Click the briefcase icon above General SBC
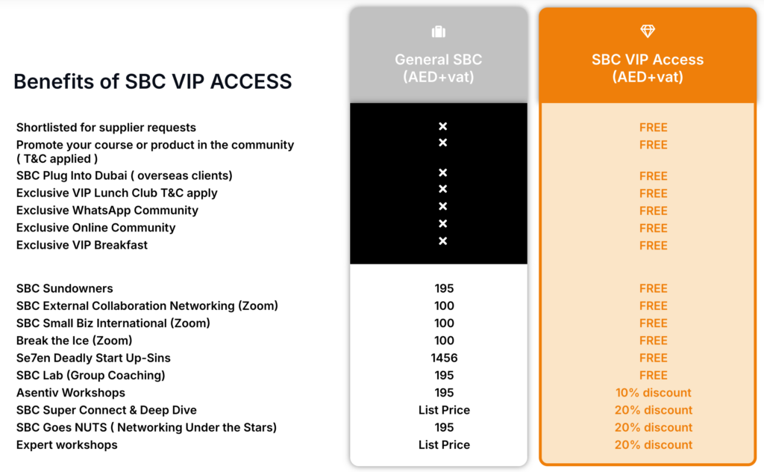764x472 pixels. click(x=439, y=31)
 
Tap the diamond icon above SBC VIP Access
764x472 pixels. click(x=648, y=31)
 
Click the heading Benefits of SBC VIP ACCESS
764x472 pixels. click(x=152, y=81)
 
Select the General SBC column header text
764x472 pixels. click(x=439, y=68)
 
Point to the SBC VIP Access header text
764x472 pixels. click(x=648, y=68)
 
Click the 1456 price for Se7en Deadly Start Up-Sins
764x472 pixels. click(x=445, y=358)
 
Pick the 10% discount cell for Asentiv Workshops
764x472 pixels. click(x=654, y=393)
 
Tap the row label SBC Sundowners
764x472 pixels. click(x=64, y=288)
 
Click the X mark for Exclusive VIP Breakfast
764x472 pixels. click(x=443, y=241)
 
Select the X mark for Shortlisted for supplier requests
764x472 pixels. click(x=443, y=126)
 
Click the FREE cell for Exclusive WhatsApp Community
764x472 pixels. click(x=654, y=211)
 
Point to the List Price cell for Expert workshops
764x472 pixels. click(x=445, y=444)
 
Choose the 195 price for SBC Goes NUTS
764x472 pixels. click(x=445, y=427)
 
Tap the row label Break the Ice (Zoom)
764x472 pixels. click(x=74, y=341)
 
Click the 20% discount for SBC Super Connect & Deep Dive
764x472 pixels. click(x=654, y=410)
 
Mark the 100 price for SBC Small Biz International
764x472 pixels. click(x=445, y=323)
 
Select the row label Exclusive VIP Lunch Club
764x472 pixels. click(x=117, y=193)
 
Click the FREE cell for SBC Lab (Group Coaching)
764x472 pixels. click(x=654, y=376)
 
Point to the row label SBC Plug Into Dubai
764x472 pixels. click(x=125, y=176)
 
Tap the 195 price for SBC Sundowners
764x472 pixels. click(x=445, y=288)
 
